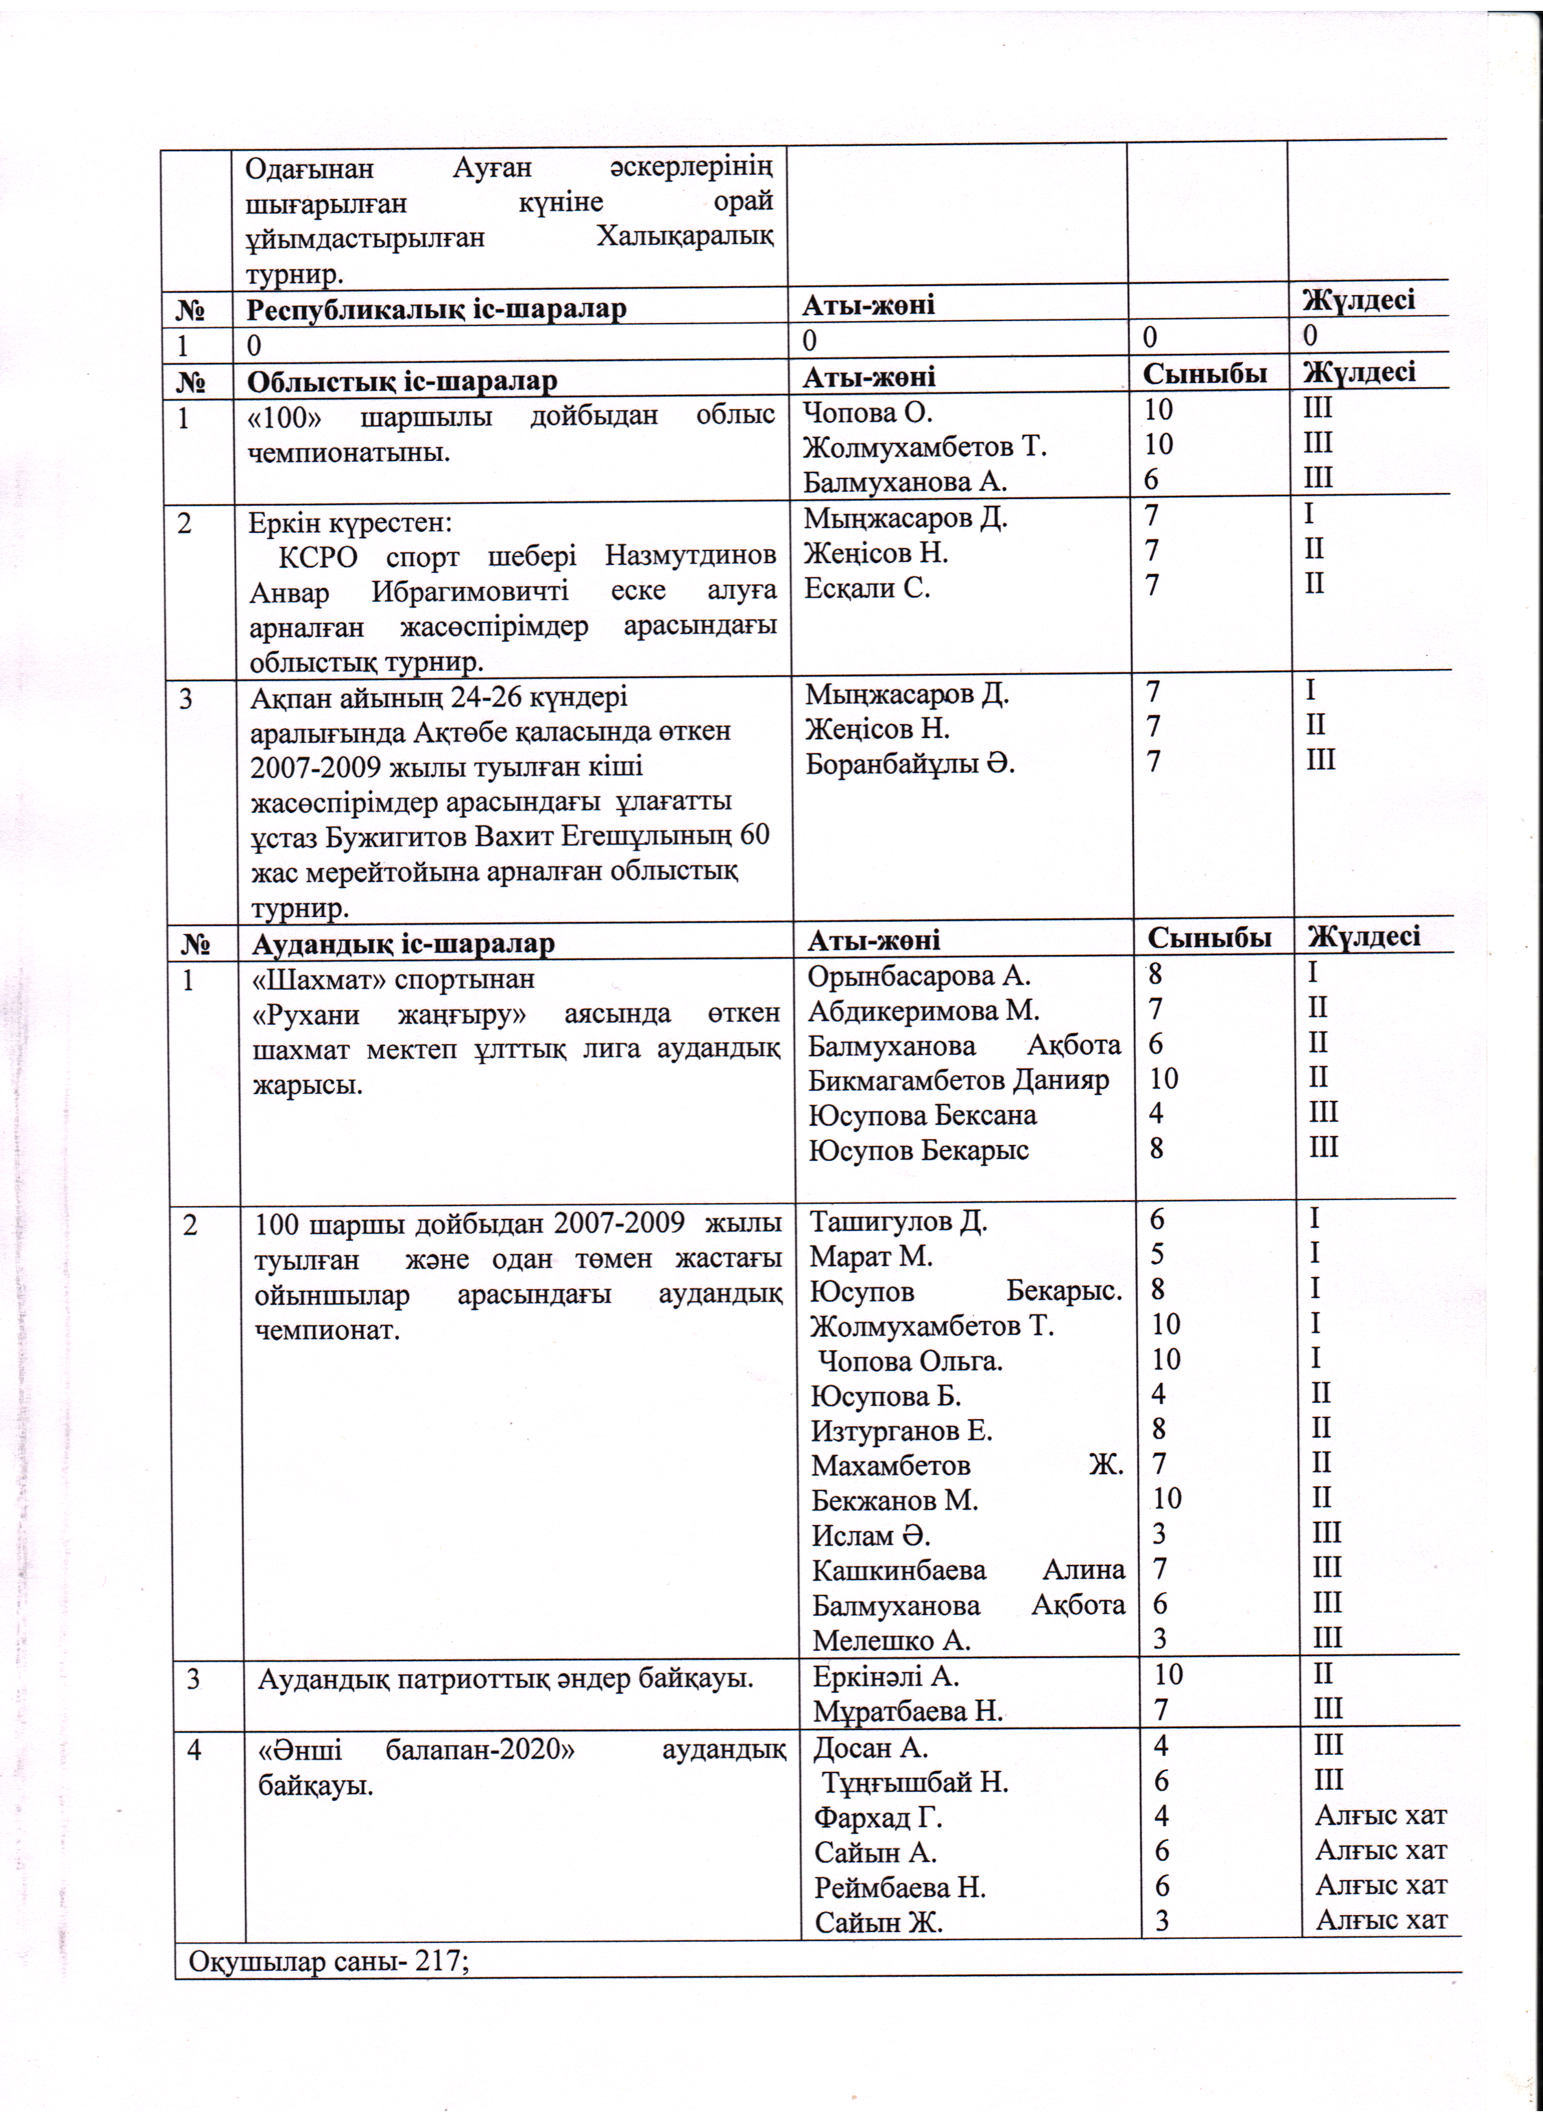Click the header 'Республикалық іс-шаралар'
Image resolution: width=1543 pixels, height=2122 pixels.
click(x=436, y=309)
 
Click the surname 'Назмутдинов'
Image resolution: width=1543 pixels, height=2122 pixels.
click(x=690, y=556)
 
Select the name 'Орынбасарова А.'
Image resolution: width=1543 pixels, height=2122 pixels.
click(x=919, y=976)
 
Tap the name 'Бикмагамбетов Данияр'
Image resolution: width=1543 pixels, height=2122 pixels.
click(x=958, y=1080)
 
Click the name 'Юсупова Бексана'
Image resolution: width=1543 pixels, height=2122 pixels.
click(x=923, y=1115)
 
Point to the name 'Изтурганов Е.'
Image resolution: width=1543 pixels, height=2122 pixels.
click(x=901, y=1431)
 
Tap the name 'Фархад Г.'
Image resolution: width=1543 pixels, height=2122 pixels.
click(x=878, y=1817)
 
